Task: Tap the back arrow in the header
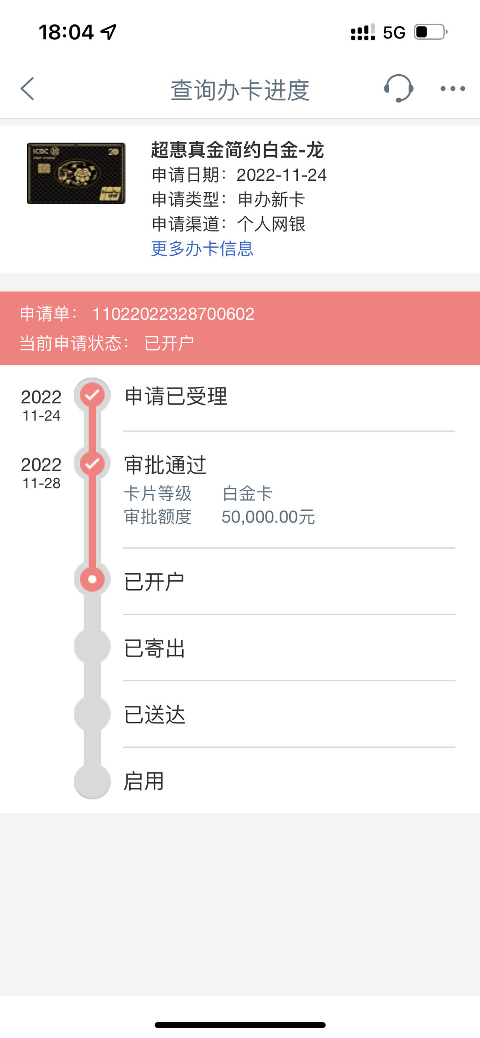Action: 27,89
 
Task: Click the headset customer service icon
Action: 399,88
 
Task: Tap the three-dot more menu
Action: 453,89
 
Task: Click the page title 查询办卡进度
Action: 240,90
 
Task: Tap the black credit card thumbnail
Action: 76,173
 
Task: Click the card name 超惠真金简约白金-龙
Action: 238,150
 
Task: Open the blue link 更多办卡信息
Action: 202,249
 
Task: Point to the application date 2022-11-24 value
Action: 282,175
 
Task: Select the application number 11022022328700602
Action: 173,314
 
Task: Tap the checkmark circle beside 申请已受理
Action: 92,396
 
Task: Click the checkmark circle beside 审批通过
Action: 92,463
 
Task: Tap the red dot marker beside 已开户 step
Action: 92,579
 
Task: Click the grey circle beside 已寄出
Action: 92,646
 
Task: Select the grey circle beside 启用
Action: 92,781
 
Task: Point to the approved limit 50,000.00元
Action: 268,517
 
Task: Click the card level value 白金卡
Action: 247,494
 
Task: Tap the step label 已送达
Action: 154,715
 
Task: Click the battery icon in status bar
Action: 431,32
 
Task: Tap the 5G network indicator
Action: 394,32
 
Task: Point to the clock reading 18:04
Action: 66,32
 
